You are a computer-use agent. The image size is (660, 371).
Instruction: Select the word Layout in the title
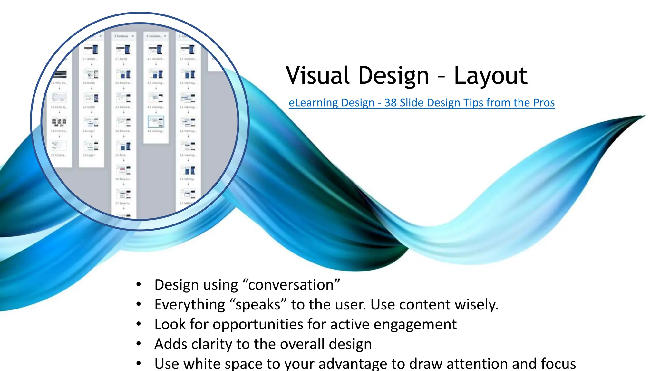490,76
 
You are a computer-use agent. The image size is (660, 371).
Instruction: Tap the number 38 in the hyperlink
391,103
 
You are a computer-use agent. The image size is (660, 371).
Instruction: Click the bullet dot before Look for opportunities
139,324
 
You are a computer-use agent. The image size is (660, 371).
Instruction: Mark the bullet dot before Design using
139,284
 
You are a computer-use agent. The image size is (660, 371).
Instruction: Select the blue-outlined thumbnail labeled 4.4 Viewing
156,122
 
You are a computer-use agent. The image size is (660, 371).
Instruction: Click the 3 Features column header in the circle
122,36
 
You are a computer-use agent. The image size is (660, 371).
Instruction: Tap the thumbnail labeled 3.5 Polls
124,147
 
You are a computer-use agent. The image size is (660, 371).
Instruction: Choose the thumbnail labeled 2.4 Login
92,122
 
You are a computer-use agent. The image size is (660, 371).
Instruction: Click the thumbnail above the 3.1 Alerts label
123,50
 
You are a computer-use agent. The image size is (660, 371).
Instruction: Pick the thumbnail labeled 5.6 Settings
189,170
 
